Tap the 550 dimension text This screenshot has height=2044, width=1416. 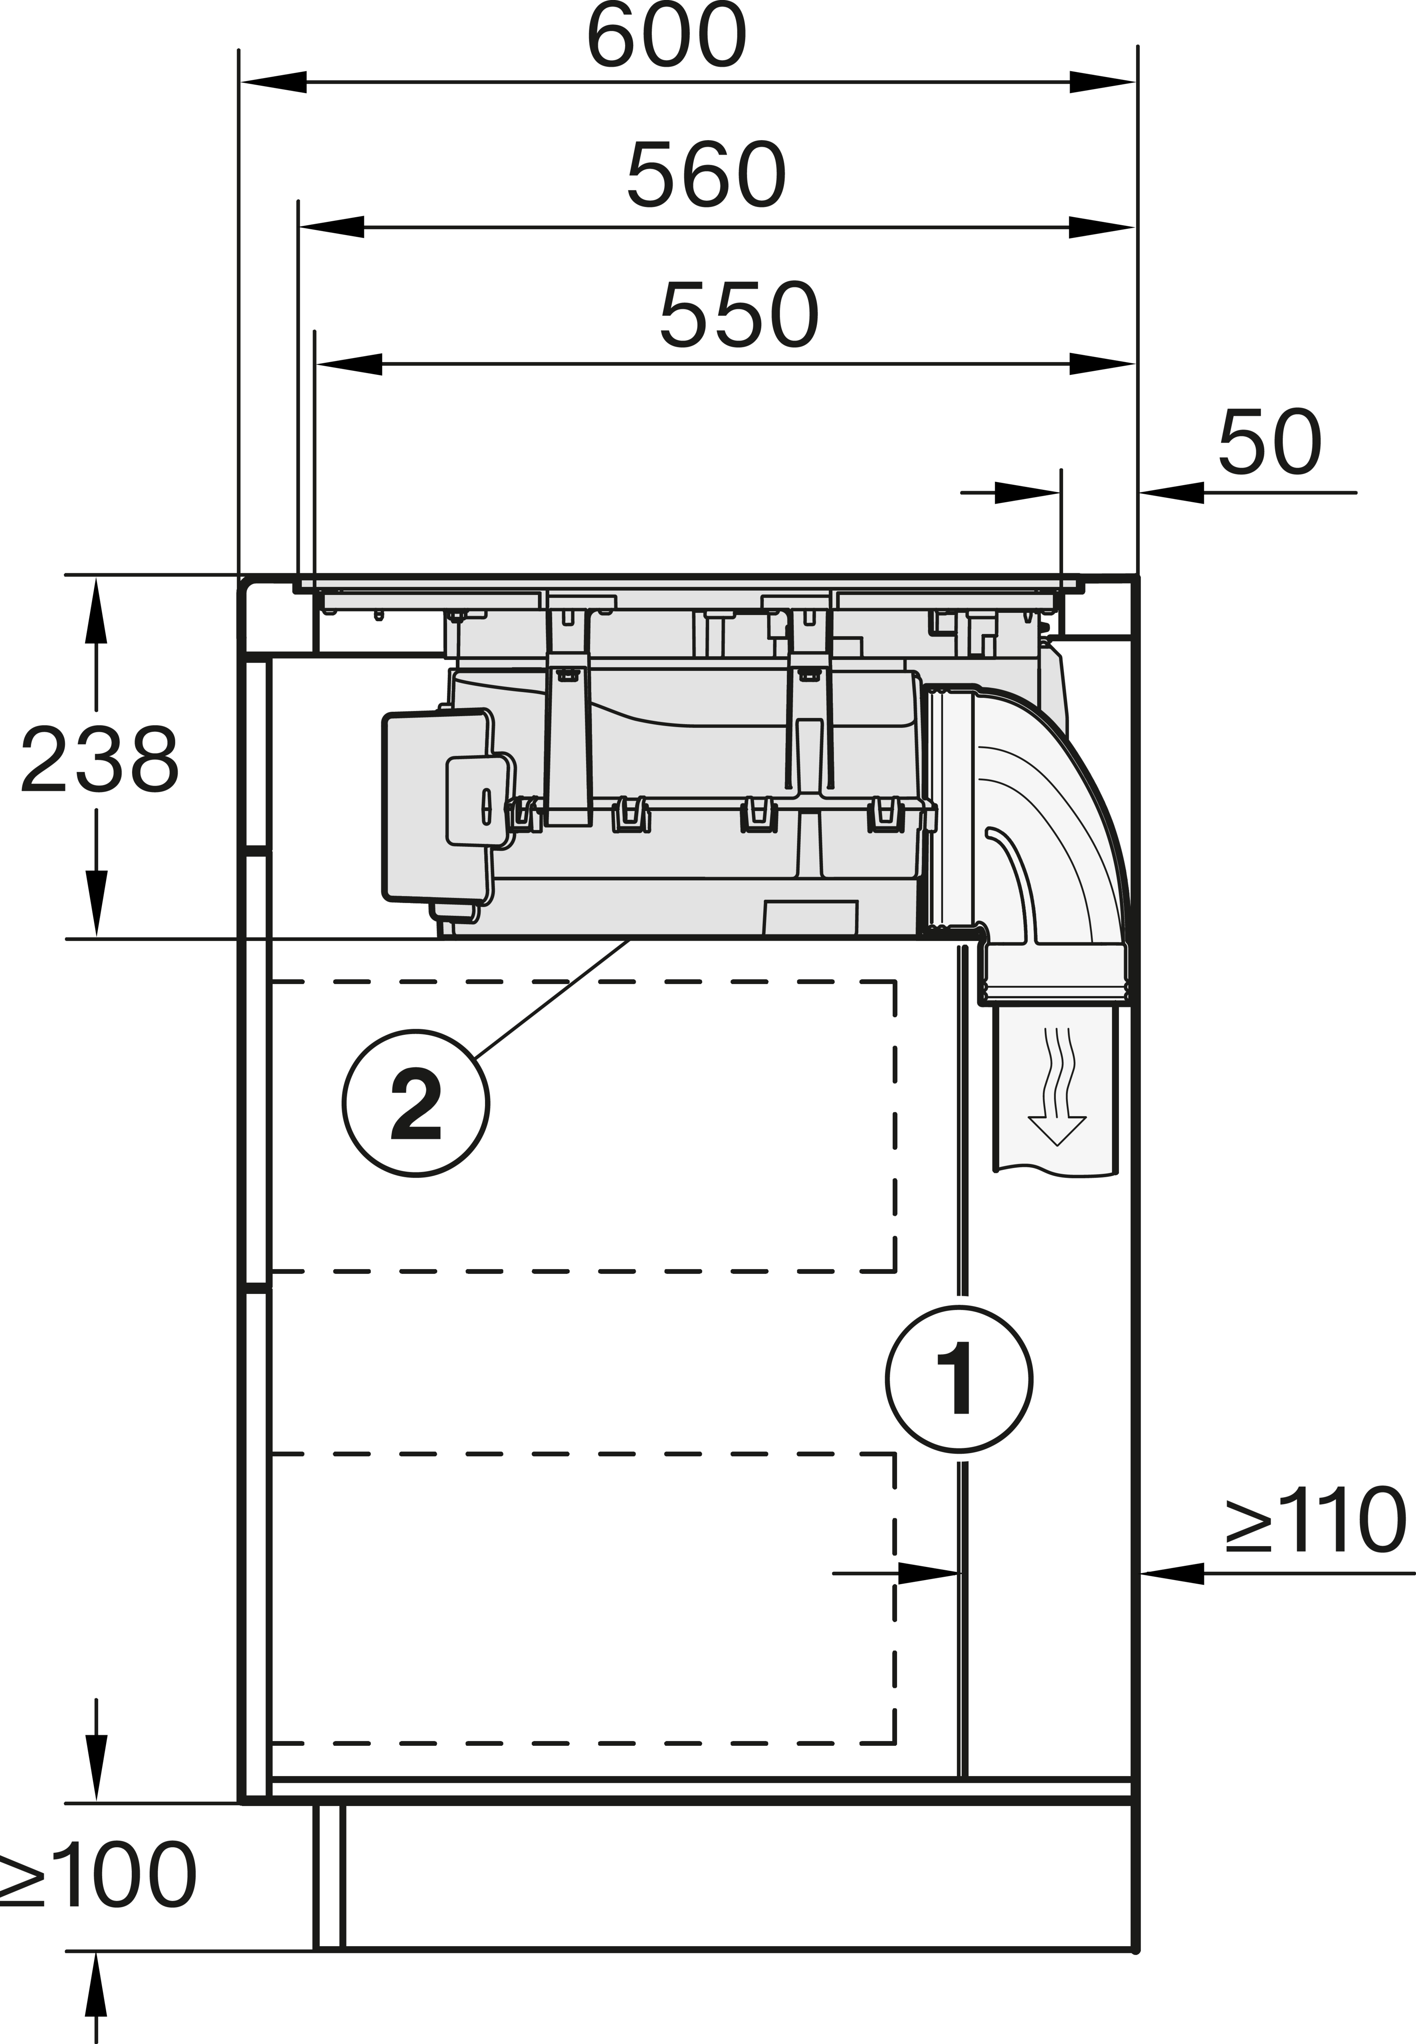coord(739,315)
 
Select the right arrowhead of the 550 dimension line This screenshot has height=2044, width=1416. coord(1102,364)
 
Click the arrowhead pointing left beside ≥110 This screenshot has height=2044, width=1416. coord(1171,1573)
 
